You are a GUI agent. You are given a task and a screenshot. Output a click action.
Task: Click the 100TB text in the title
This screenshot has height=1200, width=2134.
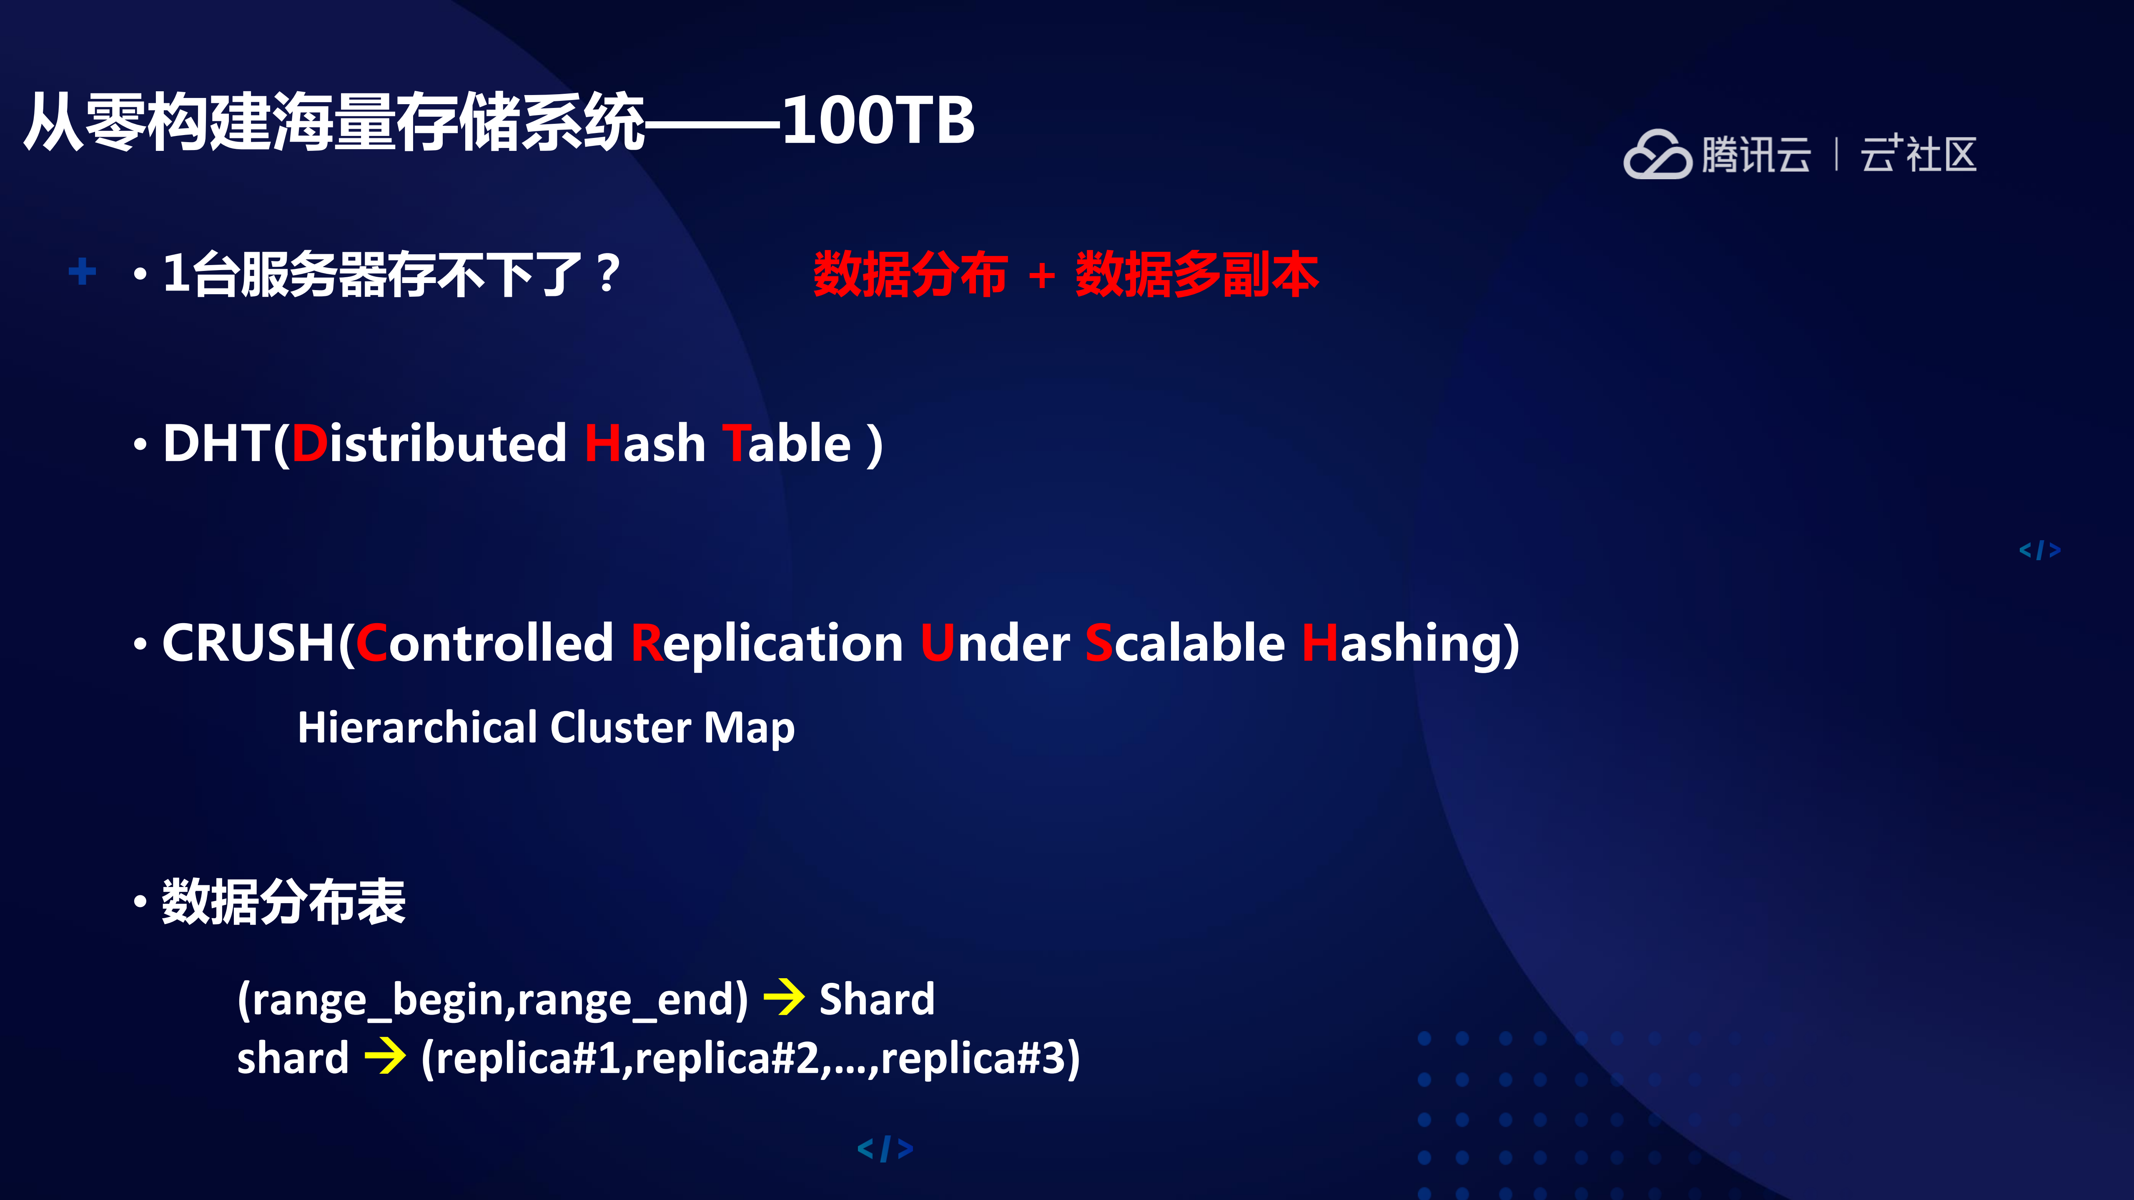(878, 121)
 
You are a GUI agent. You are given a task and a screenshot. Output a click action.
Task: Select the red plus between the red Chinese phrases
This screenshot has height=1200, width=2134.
(1041, 276)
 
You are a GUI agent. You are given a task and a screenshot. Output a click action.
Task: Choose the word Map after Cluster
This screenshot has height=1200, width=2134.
(749, 728)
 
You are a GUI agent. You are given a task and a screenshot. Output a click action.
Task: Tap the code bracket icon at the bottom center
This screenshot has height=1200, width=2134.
(885, 1149)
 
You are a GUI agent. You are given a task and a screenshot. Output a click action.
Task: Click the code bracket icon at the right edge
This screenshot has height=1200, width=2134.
(2039, 550)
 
